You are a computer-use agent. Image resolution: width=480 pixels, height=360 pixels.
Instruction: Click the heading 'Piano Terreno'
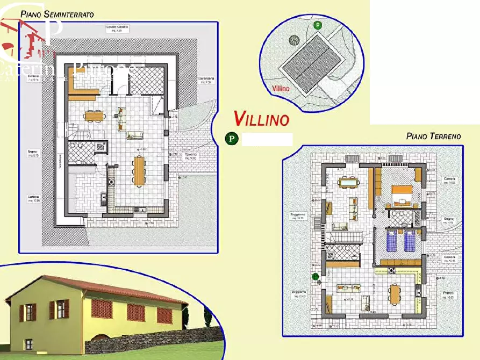433,136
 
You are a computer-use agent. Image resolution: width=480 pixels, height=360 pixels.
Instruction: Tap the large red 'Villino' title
262,119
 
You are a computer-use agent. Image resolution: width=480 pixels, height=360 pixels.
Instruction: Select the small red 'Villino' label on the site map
281,88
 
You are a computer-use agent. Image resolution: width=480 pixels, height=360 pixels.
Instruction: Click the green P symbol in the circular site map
318,25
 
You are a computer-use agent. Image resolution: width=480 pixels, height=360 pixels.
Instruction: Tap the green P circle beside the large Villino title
231,139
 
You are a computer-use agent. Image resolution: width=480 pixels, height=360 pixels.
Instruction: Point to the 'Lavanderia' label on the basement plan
206,79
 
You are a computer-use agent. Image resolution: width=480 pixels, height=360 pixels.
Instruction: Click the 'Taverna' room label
191,156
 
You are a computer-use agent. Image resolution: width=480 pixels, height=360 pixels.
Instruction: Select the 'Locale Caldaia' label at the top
117,27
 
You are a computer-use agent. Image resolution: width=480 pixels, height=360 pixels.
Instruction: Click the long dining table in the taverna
139,170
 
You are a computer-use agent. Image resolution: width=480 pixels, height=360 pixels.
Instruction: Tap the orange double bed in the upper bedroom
402,193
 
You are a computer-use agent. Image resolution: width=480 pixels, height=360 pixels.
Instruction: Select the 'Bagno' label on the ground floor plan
449,219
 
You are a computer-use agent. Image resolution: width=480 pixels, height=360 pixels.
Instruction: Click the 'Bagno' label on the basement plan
33,153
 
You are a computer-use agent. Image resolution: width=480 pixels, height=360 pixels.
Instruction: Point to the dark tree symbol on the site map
293,39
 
